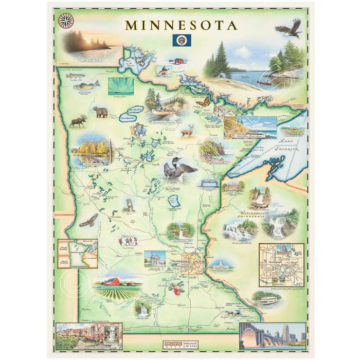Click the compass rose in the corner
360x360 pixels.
(66, 21)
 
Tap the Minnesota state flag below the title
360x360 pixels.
(181, 40)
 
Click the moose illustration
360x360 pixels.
(79, 121)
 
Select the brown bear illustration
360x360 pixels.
(100, 112)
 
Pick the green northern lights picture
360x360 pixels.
(121, 85)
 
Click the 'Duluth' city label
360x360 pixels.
(234, 175)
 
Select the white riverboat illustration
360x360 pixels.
(267, 299)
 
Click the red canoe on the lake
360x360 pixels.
(265, 82)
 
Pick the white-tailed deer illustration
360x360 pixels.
(189, 130)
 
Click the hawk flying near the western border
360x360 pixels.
(88, 221)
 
